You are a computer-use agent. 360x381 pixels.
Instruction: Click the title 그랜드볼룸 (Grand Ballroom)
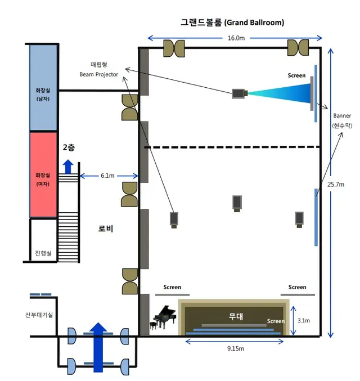[232, 23]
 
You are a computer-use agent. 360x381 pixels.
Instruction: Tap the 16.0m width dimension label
[236, 38]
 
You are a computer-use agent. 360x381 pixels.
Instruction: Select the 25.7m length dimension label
[336, 185]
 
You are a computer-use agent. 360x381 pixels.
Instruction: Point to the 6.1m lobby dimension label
[107, 176]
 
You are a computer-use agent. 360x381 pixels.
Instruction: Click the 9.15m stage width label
[236, 348]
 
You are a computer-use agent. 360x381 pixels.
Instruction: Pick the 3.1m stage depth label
[304, 320]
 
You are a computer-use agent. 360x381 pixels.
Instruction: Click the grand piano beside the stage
[164, 317]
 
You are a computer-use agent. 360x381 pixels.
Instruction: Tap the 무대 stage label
[236, 316]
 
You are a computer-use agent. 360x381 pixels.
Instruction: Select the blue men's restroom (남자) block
[43, 87]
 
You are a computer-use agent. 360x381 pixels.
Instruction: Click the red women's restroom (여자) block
[43, 174]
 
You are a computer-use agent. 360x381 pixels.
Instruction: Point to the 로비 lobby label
[106, 228]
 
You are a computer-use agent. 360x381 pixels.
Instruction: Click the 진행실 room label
[43, 253]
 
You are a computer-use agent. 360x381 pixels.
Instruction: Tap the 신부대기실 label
[39, 315]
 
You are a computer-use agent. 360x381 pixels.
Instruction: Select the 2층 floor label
[69, 147]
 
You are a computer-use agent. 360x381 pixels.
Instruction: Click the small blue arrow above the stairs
[68, 167]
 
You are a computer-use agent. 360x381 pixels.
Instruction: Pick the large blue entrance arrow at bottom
[98, 347]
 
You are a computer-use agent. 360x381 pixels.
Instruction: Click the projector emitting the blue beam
[240, 93]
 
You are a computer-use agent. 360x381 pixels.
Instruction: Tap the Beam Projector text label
[99, 74]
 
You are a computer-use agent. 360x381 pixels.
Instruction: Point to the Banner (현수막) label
[342, 120]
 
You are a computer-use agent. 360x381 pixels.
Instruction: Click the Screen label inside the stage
[276, 321]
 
